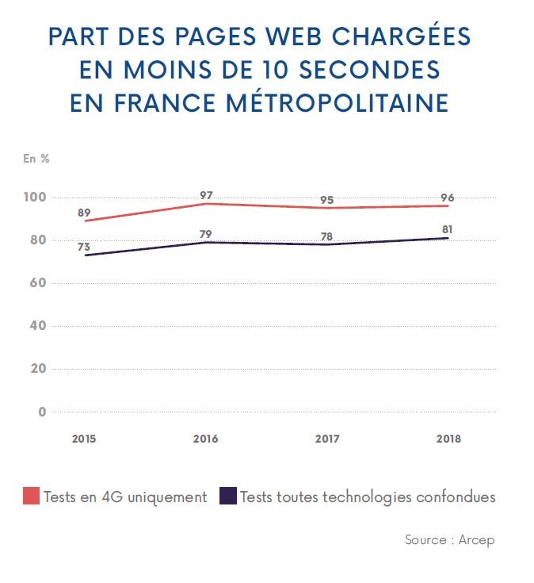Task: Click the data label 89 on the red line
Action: (84, 213)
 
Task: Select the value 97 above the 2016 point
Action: (206, 195)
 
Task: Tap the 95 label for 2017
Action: (328, 199)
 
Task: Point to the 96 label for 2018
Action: (448, 198)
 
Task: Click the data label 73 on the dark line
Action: (84, 247)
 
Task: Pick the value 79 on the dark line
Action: (206, 233)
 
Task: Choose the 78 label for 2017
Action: (328, 236)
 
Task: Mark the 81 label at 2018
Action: (448, 229)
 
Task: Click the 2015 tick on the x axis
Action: (84, 439)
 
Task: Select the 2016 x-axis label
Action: (206, 439)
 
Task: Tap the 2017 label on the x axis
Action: (328, 439)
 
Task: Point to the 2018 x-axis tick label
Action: (448, 439)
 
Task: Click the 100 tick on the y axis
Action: (36, 197)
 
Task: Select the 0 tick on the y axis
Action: (43, 412)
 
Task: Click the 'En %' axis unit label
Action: (36, 158)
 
